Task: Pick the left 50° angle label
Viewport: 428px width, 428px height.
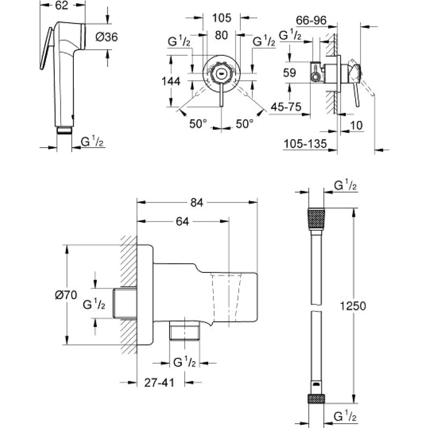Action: (197, 123)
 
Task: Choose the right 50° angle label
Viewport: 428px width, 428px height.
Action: (244, 123)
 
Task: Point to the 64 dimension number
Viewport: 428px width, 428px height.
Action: (182, 220)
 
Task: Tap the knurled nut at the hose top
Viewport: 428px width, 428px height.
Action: (316, 220)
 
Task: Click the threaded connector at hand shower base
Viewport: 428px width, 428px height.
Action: (64, 130)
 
